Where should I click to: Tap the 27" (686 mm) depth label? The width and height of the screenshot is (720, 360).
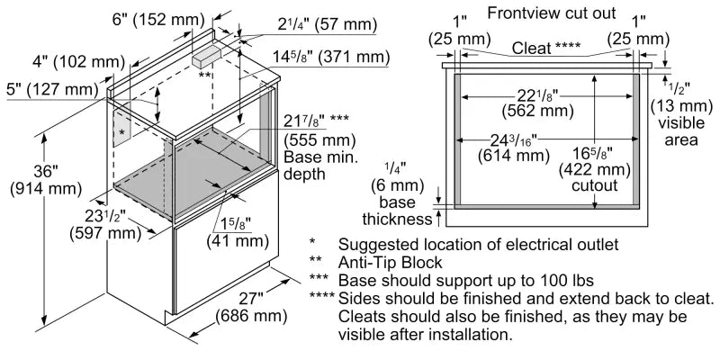point(251,308)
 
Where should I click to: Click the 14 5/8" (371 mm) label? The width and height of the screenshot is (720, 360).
point(334,57)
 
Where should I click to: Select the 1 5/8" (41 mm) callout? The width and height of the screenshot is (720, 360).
point(238,232)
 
